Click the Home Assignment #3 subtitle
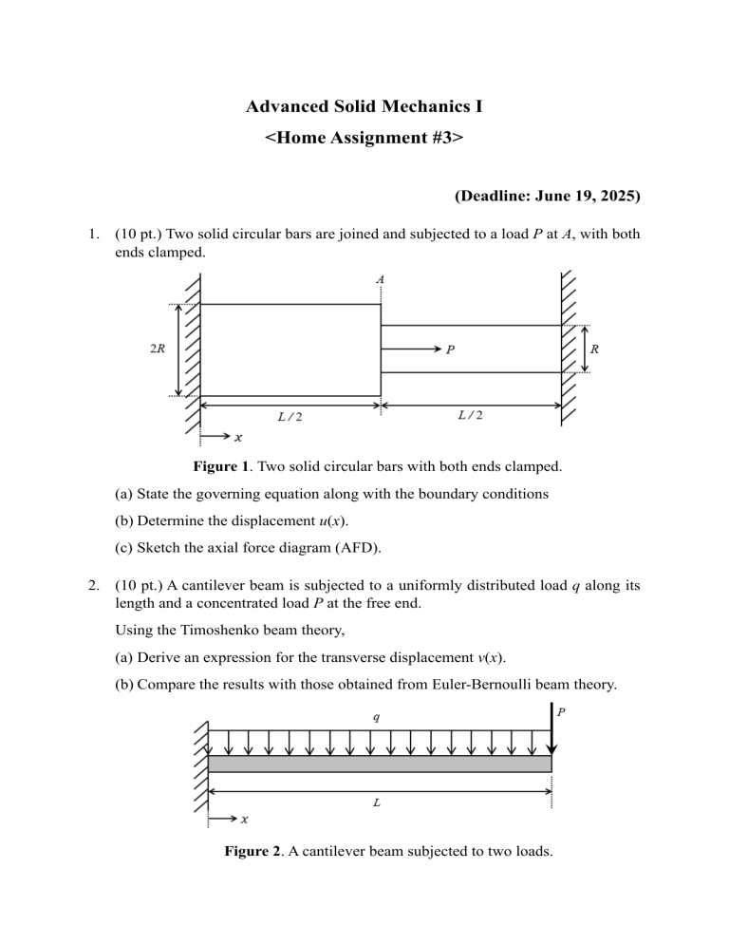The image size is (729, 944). click(364, 138)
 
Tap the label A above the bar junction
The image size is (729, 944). click(381, 279)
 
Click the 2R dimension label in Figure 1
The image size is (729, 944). click(160, 349)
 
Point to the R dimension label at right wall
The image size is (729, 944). click(594, 349)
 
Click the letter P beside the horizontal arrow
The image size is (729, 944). click(450, 349)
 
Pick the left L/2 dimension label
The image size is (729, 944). click(290, 416)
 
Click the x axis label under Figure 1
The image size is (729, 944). click(237, 438)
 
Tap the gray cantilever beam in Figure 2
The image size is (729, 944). click(380, 764)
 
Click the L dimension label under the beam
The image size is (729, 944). click(377, 802)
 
